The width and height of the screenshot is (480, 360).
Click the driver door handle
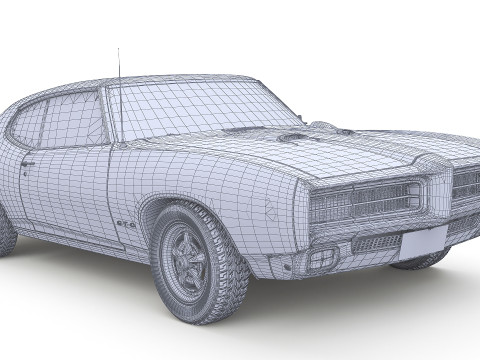28,164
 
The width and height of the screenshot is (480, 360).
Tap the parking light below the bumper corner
321,260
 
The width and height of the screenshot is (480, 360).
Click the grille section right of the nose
466,182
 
